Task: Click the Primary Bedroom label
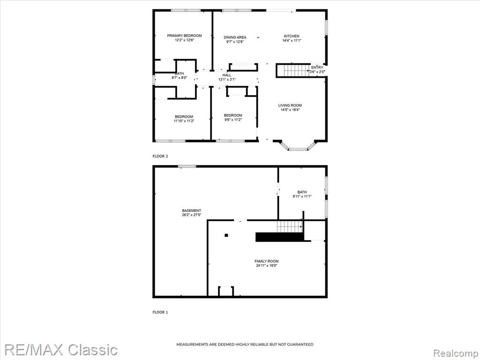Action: [184, 36]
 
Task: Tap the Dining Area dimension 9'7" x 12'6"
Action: [235, 42]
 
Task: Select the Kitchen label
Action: [292, 36]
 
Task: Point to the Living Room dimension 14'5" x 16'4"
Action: [290, 110]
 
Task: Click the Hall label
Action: [227, 75]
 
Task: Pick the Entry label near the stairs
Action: [317, 67]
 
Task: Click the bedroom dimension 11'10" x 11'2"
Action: [184, 121]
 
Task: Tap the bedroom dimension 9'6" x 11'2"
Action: [233, 120]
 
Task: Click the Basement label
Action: [192, 210]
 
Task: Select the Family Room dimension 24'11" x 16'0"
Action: [267, 266]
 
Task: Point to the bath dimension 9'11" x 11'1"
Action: [302, 196]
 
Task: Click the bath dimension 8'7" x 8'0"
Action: [179, 78]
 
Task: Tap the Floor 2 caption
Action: [160, 156]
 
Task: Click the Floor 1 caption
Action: [160, 312]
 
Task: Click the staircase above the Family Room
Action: [290, 227]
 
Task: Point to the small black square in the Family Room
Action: [226, 235]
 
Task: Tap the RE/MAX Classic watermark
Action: [61, 350]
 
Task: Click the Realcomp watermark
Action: [456, 353]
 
